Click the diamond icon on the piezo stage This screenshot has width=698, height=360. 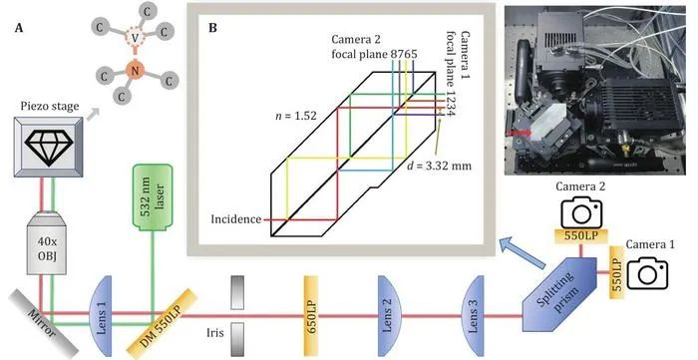(x=49, y=143)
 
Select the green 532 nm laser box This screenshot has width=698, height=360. (x=153, y=196)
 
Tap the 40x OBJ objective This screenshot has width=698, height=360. (x=46, y=242)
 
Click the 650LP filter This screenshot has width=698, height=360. (x=311, y=316)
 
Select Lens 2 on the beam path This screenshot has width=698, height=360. (x=389, y=316)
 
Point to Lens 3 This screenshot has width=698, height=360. (x=473, y=316)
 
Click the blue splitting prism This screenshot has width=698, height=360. (x=559, y=294)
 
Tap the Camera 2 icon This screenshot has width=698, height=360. (x=581, y=213)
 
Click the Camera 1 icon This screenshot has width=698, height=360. (x=648, y=272)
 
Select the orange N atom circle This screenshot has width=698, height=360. (x=136, y=70)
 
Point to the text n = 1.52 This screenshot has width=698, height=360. (x=296, y=116)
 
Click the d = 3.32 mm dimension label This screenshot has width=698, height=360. (x=439, y=166)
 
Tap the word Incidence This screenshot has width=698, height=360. (x=236, y=219)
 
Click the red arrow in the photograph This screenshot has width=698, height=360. (x=520, y=133)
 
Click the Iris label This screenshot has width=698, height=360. (x=215, y=333)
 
